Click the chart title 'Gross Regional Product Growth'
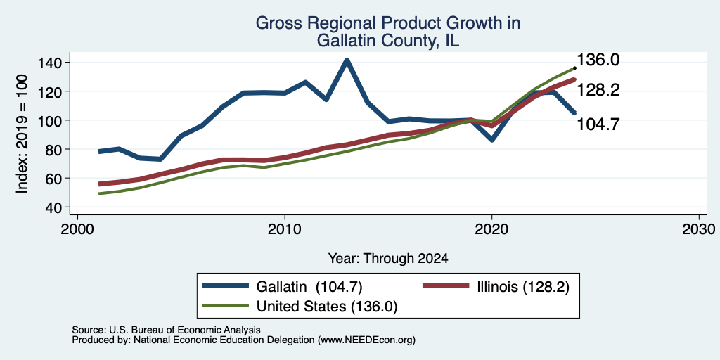tap(388, 23)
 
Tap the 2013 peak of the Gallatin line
tap(347, 60)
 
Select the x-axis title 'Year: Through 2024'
tap(388, 259)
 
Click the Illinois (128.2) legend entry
tap(496, 287)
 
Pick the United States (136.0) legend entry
tap(300, 306)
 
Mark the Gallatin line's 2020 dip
tap(491, 139)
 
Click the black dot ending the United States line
tap(574, 68)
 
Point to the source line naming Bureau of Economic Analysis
tap(166, 330)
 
